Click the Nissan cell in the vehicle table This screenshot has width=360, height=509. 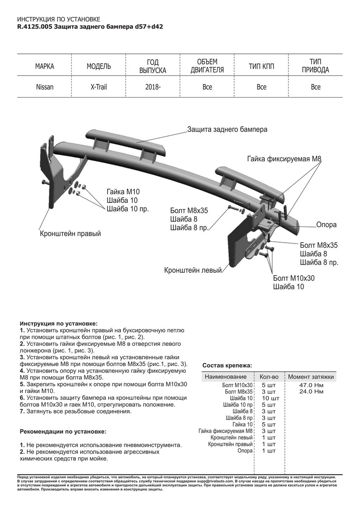click(x=45, y=87)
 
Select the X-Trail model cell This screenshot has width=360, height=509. click(x=99, y=87)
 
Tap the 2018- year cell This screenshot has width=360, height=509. click(x=153, y=87)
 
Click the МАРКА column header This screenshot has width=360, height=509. click(x=45, y=67)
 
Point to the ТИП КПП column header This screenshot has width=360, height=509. click(x=261, y=67)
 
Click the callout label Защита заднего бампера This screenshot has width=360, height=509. click(x=227, y=129)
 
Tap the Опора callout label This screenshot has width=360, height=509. click(x=326, y=224)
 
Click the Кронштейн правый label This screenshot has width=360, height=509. click(x=70, y=234)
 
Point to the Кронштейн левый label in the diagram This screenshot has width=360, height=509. click(x=193, y=270)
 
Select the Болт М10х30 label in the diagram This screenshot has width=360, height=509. click(x=294, y=278)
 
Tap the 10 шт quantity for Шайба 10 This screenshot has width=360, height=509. click(x=271, y=398)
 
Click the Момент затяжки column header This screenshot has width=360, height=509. click(x=311, y=377)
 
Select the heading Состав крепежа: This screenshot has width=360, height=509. click(x=227, y=365)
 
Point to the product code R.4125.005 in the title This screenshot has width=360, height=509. click(x=35, y=26)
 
